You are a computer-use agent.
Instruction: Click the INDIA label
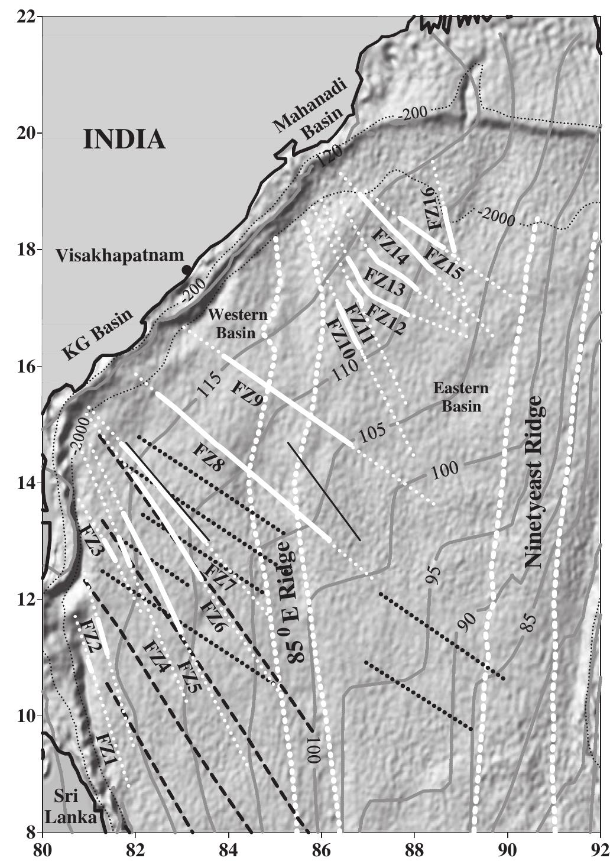tap(124, 140)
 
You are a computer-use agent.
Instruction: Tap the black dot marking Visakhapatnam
tap(187, 270)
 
